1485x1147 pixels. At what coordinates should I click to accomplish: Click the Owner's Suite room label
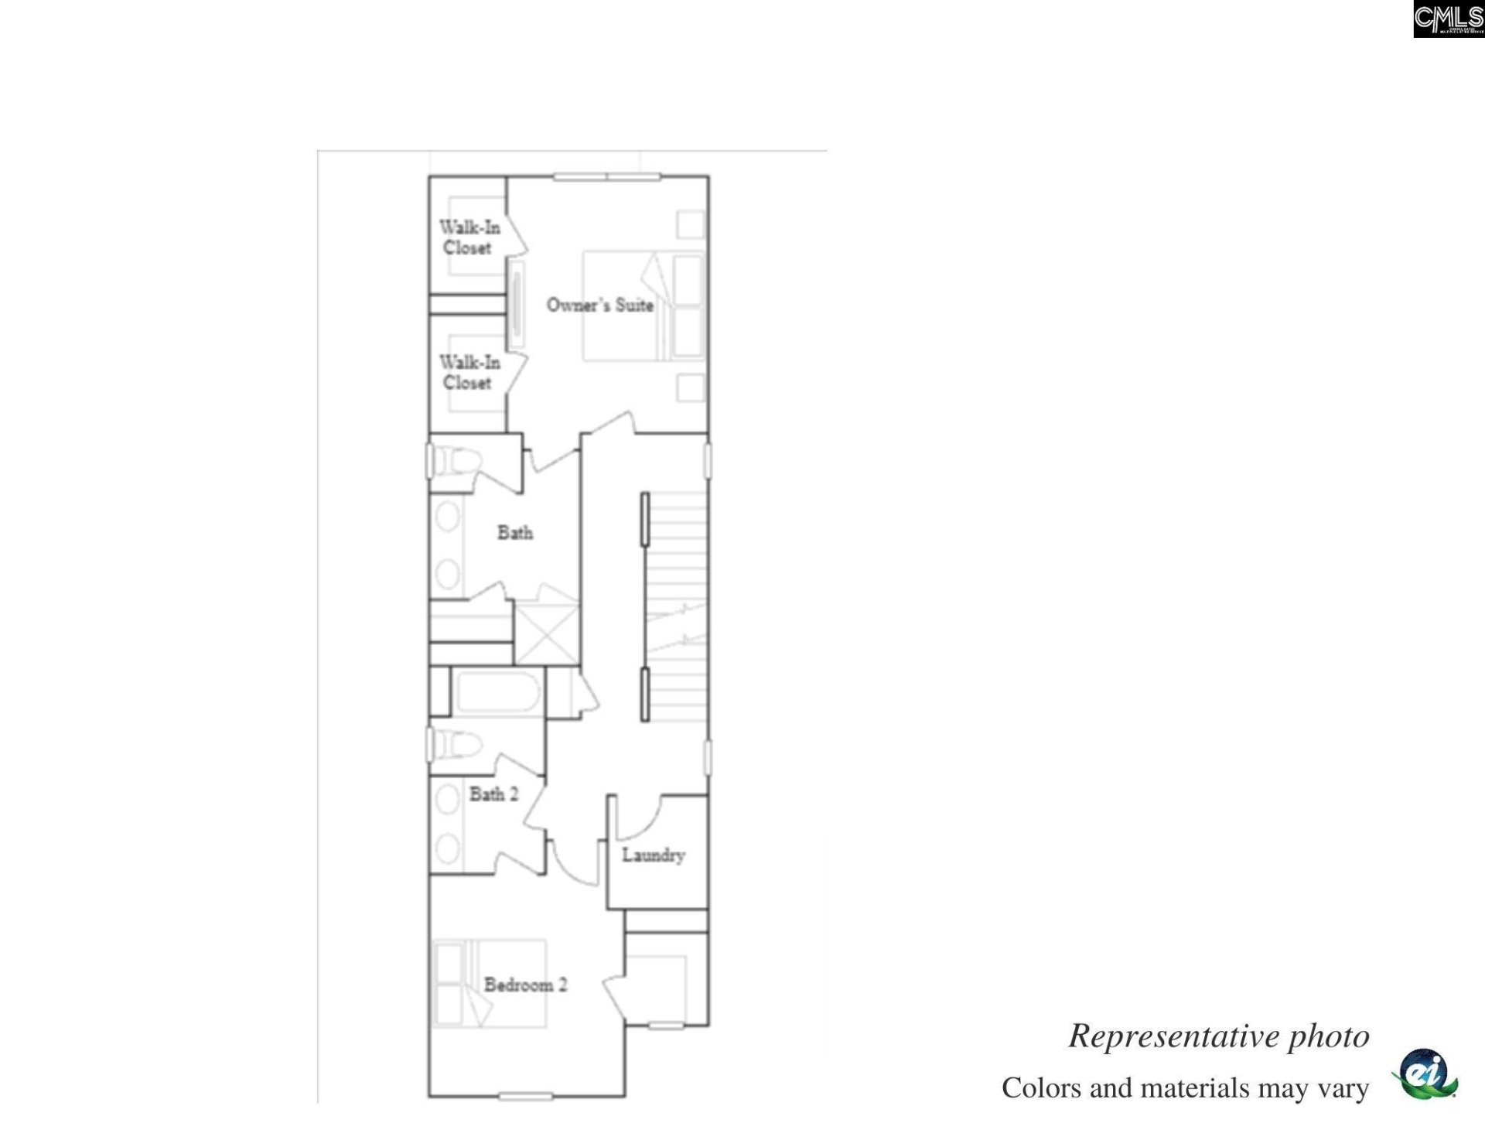click(599, 305)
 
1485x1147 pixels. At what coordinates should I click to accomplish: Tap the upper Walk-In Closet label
click(469, 237)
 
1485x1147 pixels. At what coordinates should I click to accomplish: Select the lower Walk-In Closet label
click(469, 372)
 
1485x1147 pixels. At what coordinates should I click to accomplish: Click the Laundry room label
click(654, 855)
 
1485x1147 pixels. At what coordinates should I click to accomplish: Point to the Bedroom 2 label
click(525, 985)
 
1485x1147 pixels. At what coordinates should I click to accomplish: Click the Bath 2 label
click(493, 794)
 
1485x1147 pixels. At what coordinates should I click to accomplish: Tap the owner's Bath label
click(514, 532)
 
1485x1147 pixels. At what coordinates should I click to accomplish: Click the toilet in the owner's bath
click(456, 463)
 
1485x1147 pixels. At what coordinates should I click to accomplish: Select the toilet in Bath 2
click(456, 745)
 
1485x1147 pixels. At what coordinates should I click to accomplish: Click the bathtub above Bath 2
click(497, 692)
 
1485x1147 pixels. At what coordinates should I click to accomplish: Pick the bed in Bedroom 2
click(490, 984)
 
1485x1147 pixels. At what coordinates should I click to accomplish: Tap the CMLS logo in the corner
click(1448, 19)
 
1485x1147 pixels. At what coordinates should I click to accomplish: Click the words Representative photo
click(1218, 1036)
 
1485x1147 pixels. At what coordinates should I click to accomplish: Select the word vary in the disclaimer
click(1343, 1088)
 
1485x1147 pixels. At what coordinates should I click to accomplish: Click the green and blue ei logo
click(1425, 1074)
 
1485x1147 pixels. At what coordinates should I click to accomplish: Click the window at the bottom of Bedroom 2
click(525, 1096)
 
